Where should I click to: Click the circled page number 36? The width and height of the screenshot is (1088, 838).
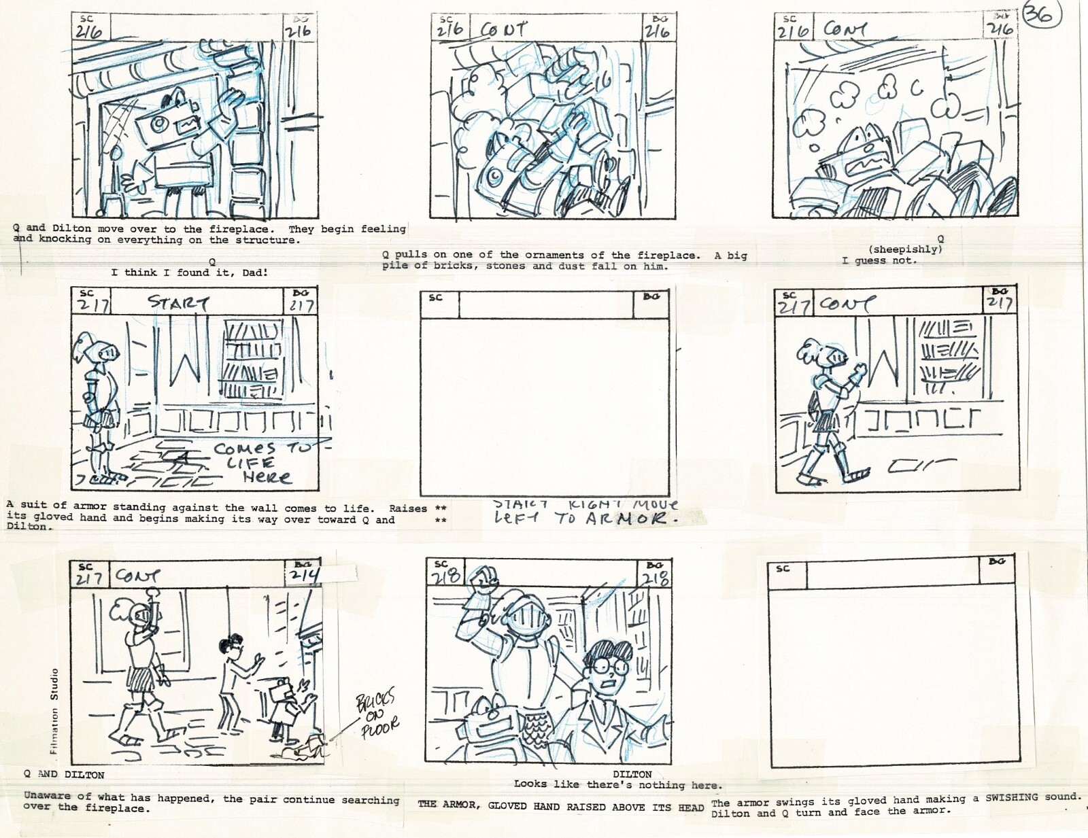tap(1041, 14)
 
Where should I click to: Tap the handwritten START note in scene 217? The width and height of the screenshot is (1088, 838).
tap(179, 302)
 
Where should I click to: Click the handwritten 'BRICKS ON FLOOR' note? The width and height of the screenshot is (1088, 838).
tap(377, 714)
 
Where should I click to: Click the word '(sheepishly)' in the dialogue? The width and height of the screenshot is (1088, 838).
tap(905, 249)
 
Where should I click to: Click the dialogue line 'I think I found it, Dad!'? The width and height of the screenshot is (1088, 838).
tap(189, 273)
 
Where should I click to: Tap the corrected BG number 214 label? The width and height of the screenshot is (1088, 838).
tap(304, 575)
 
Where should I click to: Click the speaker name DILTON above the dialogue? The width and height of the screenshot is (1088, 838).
tap(632, 774)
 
